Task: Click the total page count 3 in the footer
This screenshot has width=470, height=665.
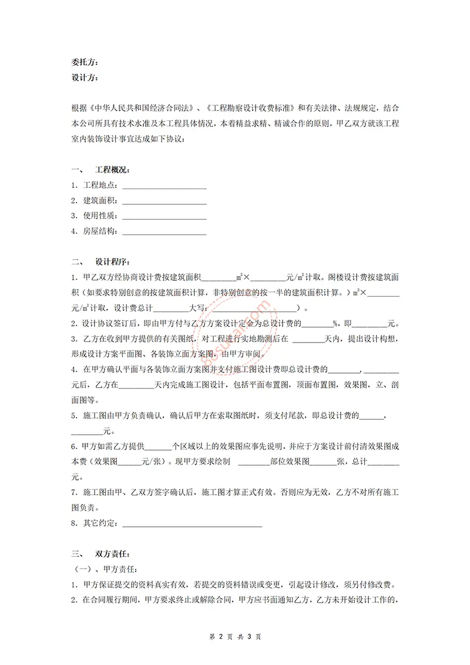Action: [x=249, y=636]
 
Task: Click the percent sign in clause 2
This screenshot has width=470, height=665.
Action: [x=334, y=323]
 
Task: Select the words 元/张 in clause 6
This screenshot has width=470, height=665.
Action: [x=152, y=462]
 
